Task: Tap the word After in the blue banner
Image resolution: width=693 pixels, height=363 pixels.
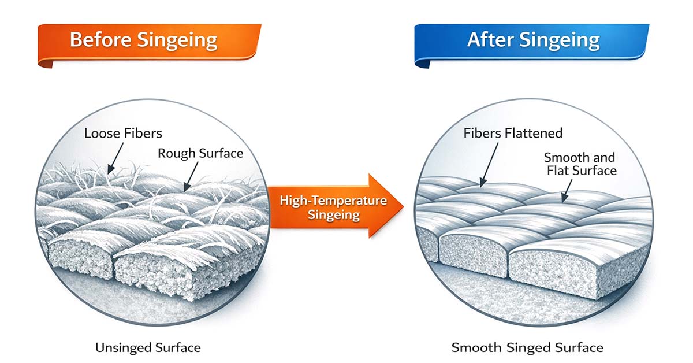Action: pos(493,40)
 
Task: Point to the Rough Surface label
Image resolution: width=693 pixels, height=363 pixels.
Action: pos(200,153)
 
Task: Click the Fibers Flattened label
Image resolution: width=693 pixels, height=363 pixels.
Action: pos(513,134)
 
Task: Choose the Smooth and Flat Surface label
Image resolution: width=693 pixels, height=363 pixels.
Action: pos(580,164)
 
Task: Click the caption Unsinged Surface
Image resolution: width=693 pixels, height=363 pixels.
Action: pos(148,347)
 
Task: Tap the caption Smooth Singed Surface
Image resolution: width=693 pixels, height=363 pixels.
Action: pos(527,347)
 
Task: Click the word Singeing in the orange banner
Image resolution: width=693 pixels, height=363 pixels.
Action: pos(182,40)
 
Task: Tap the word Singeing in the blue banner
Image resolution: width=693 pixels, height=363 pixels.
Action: pos(562,40)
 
